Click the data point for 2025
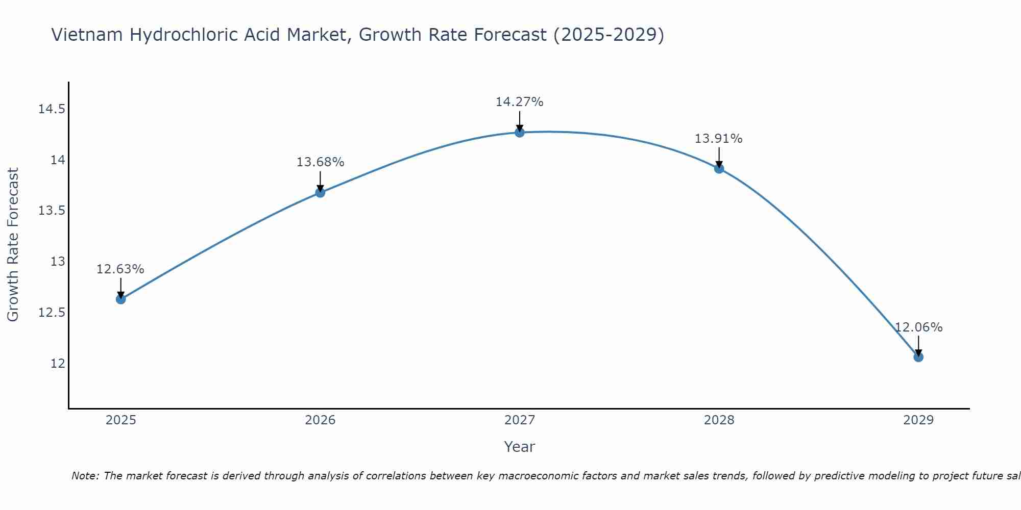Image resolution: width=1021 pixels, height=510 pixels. coord(121,299)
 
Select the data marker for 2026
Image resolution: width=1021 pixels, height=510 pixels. coord(320,193)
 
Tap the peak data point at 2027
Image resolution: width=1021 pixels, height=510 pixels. coord(520,133)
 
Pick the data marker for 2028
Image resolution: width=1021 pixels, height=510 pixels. coord(719,169)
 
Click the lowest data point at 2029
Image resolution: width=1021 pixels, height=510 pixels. coord(918,357)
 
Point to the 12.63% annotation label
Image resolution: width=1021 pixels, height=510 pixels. coord(120,269)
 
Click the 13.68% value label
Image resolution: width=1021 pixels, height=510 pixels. coord(320,162)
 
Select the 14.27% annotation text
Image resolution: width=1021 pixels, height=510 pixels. coord(519,102)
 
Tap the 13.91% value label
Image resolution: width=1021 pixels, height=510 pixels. coord(718,139)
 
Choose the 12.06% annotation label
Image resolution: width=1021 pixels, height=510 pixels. coord(918,327)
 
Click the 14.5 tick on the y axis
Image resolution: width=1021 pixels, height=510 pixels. coord(52,109)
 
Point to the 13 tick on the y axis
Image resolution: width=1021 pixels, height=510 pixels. coord(58,262)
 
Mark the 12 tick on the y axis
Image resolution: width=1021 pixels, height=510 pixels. coord(58,363)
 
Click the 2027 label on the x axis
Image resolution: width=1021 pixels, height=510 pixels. coord(519,420)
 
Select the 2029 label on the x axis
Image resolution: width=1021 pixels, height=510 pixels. coord(918,420)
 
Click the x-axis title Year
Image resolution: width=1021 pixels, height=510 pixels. coord(519,447)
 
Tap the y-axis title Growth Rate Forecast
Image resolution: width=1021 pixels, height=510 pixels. coord(13,245)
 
